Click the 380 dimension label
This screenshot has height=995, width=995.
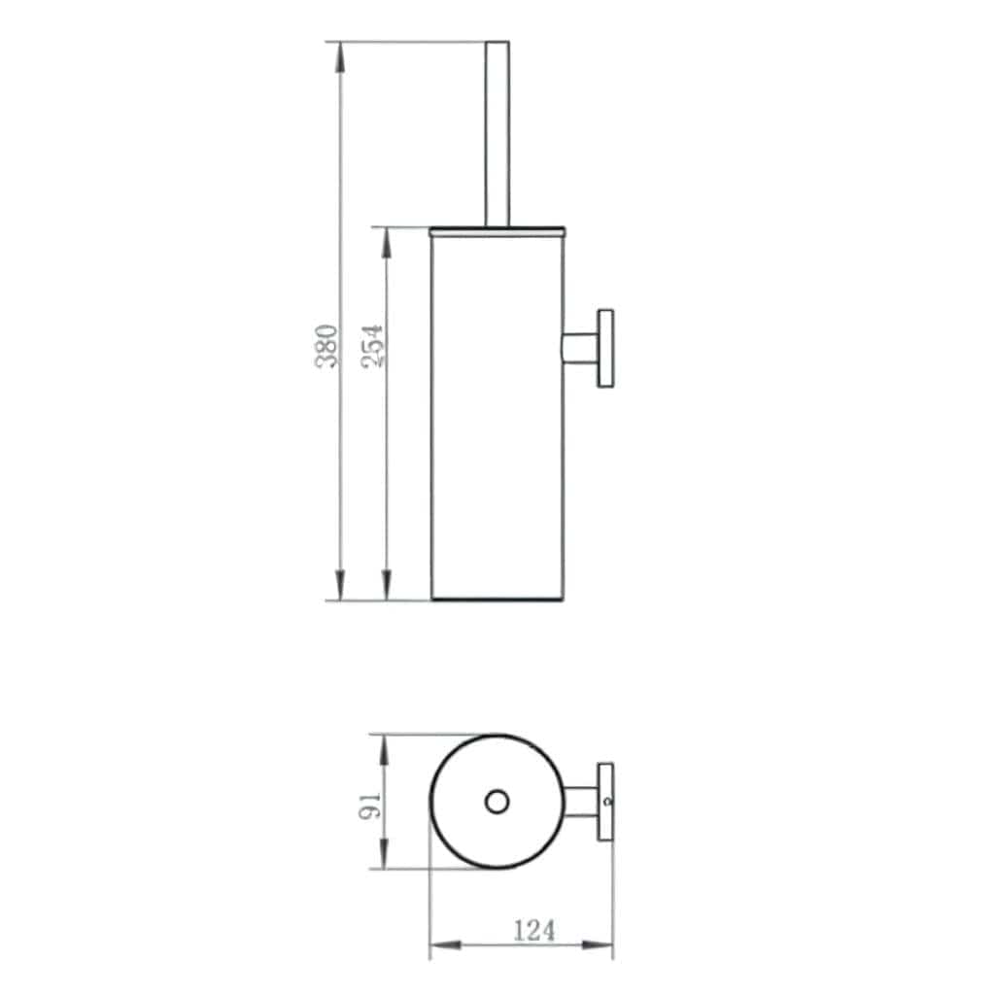(328, 345)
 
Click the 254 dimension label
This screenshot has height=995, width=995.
(373, 345)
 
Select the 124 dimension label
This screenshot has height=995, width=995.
(534, 931)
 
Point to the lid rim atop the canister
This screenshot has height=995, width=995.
(497, 231)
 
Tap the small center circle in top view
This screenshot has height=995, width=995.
(497, 802)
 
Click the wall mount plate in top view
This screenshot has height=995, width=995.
(605, 802)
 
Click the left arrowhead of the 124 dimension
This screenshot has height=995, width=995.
(443, 944)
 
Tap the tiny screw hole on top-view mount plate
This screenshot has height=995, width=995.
(606, 803)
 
